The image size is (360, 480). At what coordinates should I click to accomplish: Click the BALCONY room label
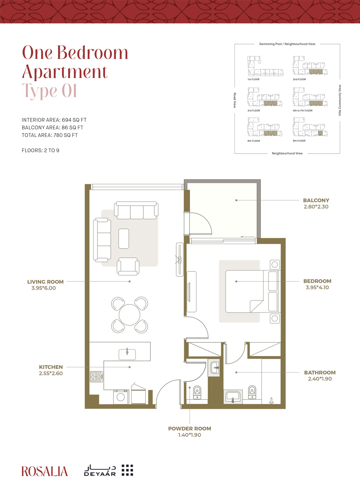(316, 200)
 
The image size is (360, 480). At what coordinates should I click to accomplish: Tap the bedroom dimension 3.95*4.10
(317, 287)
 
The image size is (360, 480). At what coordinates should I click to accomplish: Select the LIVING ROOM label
(45, 282)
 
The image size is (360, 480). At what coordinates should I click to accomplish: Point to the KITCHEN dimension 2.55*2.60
(51, 373)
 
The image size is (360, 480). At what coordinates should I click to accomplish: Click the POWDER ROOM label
(189, 429)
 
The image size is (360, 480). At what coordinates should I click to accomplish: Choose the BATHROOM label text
(320, 373)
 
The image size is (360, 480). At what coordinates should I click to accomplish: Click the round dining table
(130, 315)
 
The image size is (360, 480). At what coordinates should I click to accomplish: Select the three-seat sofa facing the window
(136, 210)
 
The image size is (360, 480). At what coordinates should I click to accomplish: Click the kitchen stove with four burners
(96, 377)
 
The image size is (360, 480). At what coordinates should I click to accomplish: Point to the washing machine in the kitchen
(121, 397)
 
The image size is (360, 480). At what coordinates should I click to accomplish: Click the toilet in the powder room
(198, 392)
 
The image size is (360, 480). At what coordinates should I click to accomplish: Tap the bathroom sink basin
(233, 397)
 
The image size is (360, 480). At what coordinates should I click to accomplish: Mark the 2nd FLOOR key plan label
(299, 79)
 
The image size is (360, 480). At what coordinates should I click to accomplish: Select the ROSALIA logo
(45, 471)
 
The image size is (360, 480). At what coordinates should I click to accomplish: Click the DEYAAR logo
(109, 470)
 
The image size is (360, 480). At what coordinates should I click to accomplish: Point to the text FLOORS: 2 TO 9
(41, 150)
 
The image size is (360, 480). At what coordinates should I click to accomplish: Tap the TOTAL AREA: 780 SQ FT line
(50, 135)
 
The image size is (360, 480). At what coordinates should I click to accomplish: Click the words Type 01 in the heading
(49, 91)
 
